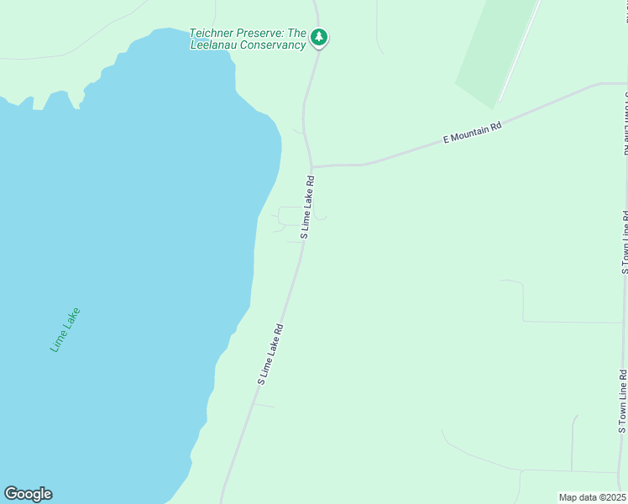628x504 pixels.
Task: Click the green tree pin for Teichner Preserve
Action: click(x=319, y=37)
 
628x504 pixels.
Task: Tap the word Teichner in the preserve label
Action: click(x=211, y=34)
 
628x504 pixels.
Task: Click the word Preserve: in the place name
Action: click(x=259, y=34)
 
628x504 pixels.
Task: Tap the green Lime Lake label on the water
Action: click(x=65, y=329)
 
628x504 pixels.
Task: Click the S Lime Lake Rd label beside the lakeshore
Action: click(x=270, y=354)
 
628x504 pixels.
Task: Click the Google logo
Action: click(x=28, y=494)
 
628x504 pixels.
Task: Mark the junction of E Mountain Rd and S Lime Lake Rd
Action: click(x=311, y=166)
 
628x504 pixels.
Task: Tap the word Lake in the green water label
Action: click(x=72, y=318)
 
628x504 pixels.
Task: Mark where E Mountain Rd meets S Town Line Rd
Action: click(x=625, y=84)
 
